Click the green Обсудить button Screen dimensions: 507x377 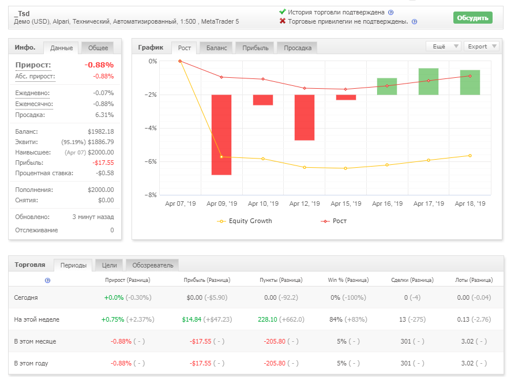coord(473,18)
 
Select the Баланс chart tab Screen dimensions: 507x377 coord(217,48)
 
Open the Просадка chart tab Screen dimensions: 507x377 coord(298,48)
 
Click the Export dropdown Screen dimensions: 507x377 coord(482,46)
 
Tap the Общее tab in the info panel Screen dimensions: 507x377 coord(98,48)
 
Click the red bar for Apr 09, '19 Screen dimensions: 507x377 coord(221,135)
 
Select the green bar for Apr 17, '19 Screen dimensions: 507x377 coord(429,81)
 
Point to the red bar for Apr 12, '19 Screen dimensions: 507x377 coord(305,117)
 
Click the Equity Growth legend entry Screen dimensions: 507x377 coord(245,221)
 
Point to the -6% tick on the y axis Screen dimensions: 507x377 coord(151,161)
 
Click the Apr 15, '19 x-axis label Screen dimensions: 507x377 coord(345,203)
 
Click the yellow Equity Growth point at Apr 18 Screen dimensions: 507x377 coord(470,156)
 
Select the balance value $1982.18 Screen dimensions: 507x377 coord(101,131)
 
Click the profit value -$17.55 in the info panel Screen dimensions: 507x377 coord(103,163)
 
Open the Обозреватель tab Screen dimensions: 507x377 coord(152,265)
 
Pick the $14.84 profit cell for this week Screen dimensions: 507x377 coord(191,319)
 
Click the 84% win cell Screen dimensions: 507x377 coord(336,319)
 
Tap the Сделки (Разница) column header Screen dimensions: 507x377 coord(412,280)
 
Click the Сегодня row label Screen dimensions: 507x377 coord(26,297)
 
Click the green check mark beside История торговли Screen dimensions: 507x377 coord(282,12)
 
